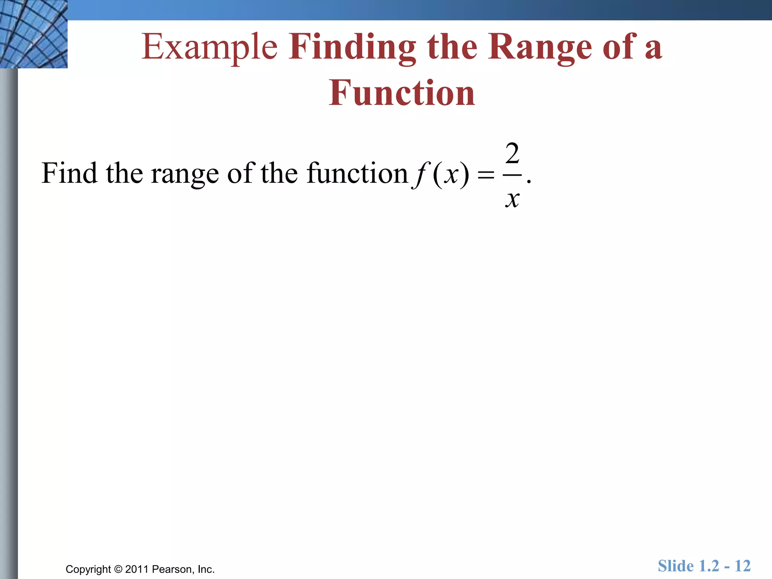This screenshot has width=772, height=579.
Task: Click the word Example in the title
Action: [209, 47]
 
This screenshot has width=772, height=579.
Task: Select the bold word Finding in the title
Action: [352, 47]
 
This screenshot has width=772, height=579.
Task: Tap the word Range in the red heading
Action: [540, 47]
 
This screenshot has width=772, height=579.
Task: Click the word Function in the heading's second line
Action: [401, 93]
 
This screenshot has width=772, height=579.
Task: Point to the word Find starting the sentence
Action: [69, 173]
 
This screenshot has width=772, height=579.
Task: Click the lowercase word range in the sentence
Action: [185, 174]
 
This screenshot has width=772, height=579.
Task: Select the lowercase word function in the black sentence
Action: [357, 173]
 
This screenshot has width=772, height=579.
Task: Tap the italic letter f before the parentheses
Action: [419, 174]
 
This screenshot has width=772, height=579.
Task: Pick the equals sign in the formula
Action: [486, 175]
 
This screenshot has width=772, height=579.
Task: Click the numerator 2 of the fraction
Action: [512, 154]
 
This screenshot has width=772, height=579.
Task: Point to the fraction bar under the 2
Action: [512, 175]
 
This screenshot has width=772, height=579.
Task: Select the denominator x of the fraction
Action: [512, 199]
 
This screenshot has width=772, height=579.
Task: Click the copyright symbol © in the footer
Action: [118, 569]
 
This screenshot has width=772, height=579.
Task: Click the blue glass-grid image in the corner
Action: [34, 34]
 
